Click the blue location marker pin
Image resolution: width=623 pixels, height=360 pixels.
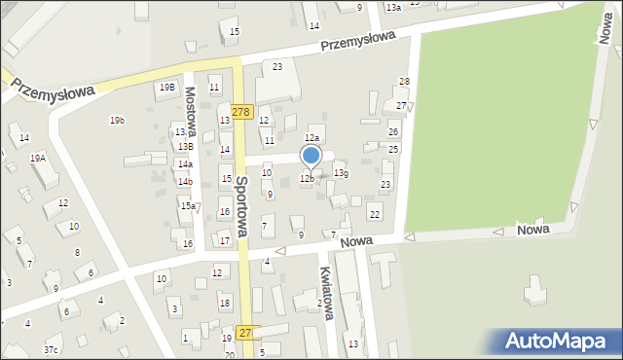pos(311,156)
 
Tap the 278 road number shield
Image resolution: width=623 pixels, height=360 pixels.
pos(242,112)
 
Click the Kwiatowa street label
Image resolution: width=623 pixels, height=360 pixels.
pos(326,292)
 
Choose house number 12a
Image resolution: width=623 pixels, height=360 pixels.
pos(312,139)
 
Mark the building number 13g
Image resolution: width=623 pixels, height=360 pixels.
pos(341,172)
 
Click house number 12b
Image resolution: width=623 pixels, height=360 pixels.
pos(307,178)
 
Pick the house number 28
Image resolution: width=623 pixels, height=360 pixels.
pos(404,82)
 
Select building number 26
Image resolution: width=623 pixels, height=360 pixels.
pos(393,131)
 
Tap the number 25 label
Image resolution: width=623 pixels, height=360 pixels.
pos(393,149)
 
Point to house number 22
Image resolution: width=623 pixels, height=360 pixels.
pos(375,214)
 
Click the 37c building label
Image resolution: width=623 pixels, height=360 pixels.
pos(51,349)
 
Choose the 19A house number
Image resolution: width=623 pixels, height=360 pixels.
pos(38,158)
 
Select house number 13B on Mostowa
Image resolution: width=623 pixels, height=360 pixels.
pos(185,147)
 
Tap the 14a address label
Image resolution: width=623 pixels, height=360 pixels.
pos(185,164)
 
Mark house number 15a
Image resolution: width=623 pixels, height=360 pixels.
pos(188,205)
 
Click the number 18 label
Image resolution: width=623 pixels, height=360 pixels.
pos(225,304)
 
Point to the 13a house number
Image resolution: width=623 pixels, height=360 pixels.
pos(392,7)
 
